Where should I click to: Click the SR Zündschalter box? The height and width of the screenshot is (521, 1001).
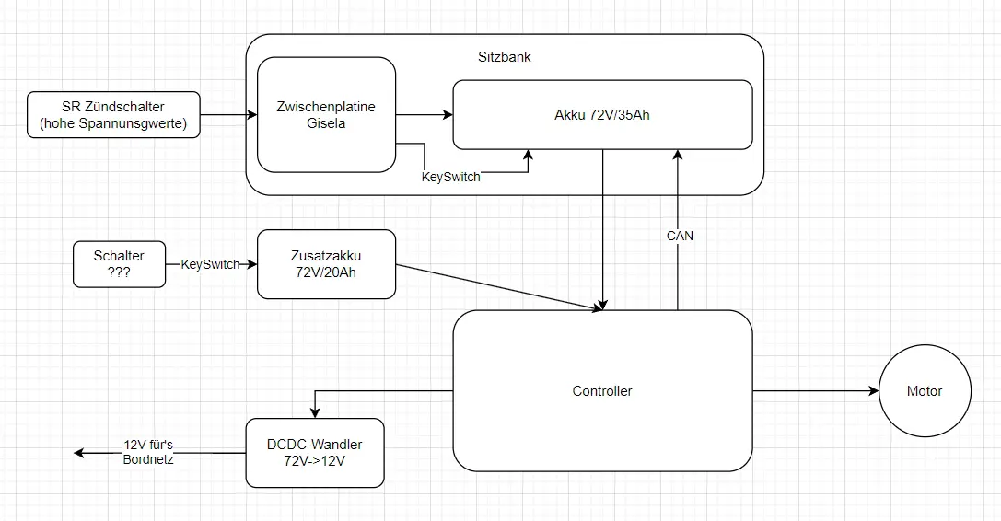pyautogui.click(x=114, y=115)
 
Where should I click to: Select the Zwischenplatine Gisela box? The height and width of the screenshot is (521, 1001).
pyautogui.click(x=326, y=114)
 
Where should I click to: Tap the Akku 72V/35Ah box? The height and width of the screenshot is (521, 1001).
pyautogui.click(x=602, y=115)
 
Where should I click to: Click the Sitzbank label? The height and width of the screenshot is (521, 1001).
pyautogui.click(x=504, y=57)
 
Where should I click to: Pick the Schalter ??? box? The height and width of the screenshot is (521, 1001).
pyautogui.click(x=119, y=264)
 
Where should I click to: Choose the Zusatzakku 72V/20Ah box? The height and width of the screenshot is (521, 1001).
pyautogui.click(x=326, y=264)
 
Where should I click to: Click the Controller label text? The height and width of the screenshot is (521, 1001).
pyautogui.click(x=602, y=391)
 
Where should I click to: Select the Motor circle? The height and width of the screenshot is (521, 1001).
pyautogui.click(x=925, y=391)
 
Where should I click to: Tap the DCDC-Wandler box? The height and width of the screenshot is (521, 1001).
pyautogui.click(x=314, y=453)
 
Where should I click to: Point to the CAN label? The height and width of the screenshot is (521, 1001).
pyautogui.click(x=680, y=236)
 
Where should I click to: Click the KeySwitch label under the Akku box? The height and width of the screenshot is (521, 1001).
pyautogui.click(x=450, y=177)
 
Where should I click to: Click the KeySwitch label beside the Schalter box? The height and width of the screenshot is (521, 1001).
pyautogui.click(x=211, y=264)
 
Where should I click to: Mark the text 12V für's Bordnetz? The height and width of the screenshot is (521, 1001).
pyautogui.click(x=148, y=452)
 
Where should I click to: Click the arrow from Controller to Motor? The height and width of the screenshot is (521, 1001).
pyautogui.click(x=815, y=391)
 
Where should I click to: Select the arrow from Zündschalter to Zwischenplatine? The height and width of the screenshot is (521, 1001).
pyautogui.click(x=228, y=115)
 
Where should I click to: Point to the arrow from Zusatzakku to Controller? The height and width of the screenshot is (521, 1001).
pyautogui.click(x=497, y=288)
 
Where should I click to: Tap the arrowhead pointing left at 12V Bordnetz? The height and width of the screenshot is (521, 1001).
pyautogui.click(x=79, y=453)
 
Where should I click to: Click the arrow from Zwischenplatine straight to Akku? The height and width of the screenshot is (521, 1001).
pyautogui.click(x=424, y=115)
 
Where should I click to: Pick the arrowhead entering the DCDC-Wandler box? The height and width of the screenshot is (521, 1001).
pyautogui.click(x=315, y=412)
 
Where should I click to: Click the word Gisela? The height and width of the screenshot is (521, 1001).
pyautogui.click(x=326, y=123)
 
